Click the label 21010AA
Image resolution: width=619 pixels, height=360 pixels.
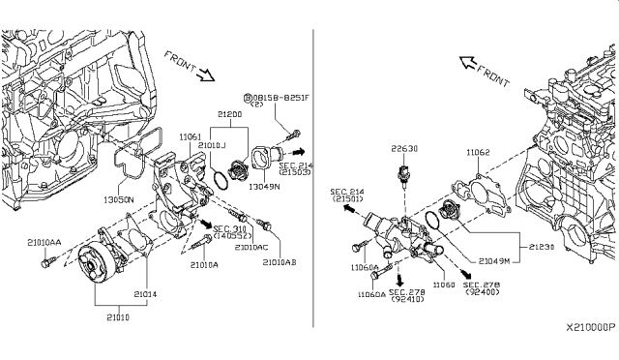(44, 242)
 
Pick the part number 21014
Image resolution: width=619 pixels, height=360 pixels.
(144, 293)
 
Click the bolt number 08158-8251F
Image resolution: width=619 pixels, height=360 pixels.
(277, 98)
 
